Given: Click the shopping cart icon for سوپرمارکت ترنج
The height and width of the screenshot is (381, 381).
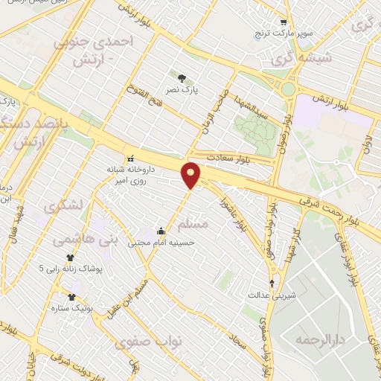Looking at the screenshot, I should tap(283, 23).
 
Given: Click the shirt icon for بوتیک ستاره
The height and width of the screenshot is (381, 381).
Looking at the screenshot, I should tap(71, 296).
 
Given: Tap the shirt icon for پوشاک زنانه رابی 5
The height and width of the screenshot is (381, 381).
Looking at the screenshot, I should tap(70, 257).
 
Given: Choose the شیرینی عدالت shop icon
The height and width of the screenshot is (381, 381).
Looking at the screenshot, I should tap(272, 284).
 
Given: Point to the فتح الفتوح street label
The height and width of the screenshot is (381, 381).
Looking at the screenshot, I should tap(144, 95).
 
